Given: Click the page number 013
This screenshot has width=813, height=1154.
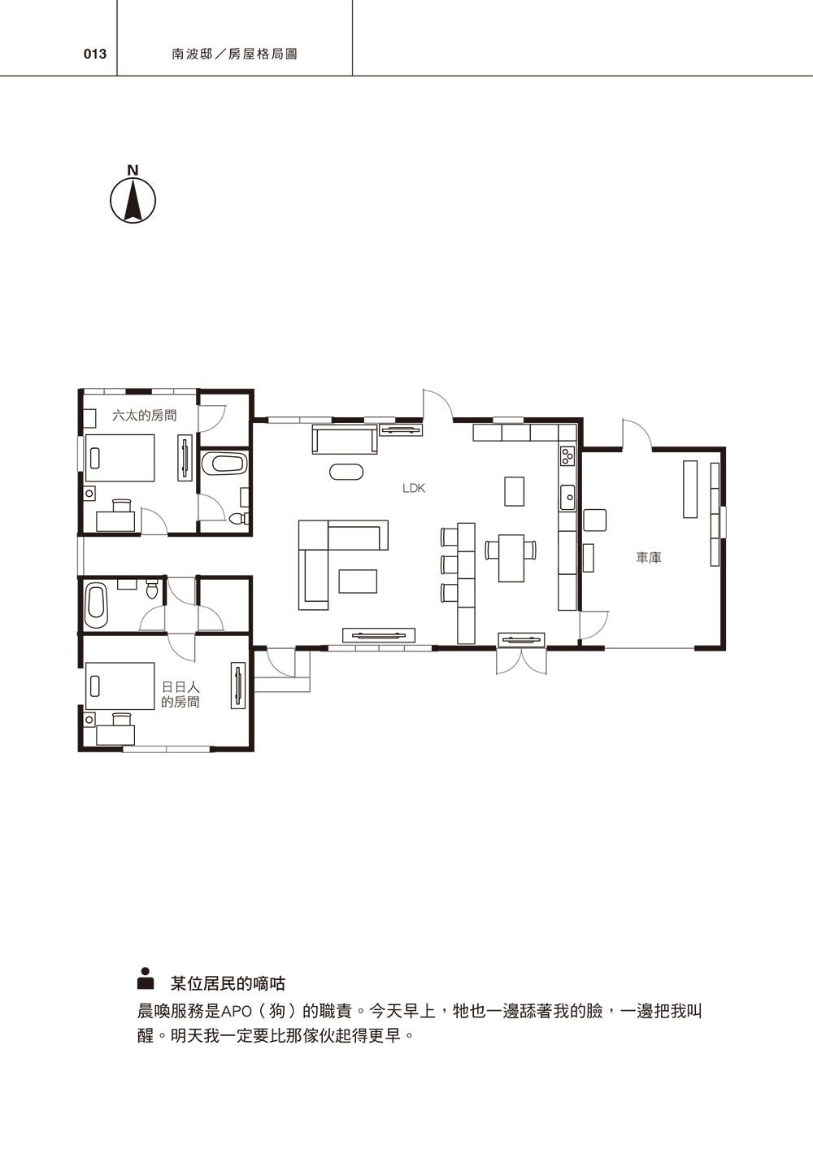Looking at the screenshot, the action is tap(95, 54).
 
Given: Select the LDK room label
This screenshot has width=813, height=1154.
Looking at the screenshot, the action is tap(414, 488).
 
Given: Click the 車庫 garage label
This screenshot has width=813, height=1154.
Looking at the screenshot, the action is tap(649, 557).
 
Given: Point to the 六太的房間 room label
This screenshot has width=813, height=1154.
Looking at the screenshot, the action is tap(144, 415).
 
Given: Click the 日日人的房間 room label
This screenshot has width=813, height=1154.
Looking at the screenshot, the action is tap(180, 694).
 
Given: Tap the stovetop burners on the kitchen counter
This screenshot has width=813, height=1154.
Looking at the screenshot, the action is tap(567, 455).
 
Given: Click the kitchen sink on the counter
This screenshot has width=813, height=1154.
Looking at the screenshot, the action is tap(568, 497).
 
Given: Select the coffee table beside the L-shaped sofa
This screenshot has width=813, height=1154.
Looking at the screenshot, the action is tap(358, 581).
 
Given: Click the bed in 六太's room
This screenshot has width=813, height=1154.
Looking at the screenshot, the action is tap(120, 458).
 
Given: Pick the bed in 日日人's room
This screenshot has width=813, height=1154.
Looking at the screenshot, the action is tap(120, 686).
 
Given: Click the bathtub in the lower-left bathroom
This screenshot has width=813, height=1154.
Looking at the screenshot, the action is tap(96, 605).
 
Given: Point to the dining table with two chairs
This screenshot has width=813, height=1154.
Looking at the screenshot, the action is tap(511, 558).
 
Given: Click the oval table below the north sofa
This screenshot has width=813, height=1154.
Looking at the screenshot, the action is tap(346, 472).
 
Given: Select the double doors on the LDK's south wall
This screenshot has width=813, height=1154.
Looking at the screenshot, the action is tap(522, 661).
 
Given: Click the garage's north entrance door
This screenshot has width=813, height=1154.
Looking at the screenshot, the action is tap(637, 434).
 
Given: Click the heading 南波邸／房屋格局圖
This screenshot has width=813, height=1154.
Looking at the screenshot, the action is tap(235, 54).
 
